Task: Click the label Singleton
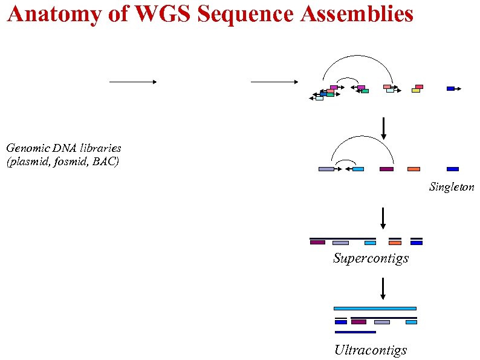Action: pyautogui.click(x=452, y=188)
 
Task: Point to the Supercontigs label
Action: pyautogui.click(x=371, y=258)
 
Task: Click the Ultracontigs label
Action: pyautogui.click(x=371, y=350)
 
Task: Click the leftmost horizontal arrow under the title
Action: pyautogui.click(x=133, y=82)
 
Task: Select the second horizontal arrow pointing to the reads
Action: pyautogui.click(x=274, y=82)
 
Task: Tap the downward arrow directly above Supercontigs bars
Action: pyautogui.click(x=383, y=218)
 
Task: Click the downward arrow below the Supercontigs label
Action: pyautogui.click(x=383, y=288)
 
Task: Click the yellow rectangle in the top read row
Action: pyautogui.click(x=416, y=91)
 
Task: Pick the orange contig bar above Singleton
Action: pyautogui.click(x=414, y=169)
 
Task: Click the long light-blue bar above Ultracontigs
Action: pyautogui.click(x=375, y=308)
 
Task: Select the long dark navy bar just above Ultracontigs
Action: pyautogui.click(x=355, y=332)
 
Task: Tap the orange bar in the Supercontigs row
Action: pyautogui.click(x=395, y=243)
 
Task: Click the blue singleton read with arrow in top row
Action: pyautogui.click(x=450, y=88)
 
